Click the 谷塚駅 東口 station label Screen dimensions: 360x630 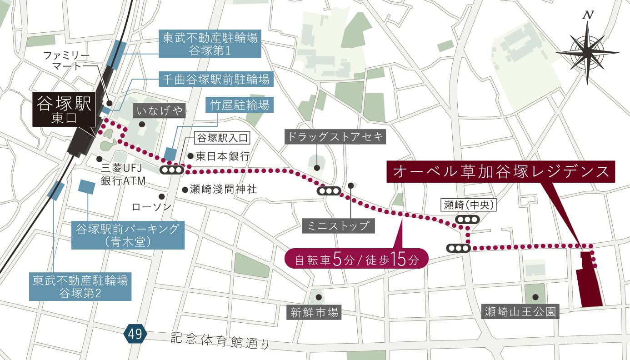click(x=65, y=110)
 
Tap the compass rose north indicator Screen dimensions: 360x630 click(x=587, y=52)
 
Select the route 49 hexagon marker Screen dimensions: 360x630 click(x=135, y=335)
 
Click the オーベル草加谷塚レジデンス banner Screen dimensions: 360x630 click(x=500, y=171)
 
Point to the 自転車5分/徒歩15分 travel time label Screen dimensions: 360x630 click(x=356, y=260)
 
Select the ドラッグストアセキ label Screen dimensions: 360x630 click(x=336, y=136)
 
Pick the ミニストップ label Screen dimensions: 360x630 click(x=339, y=226)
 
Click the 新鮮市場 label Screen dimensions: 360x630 click(x=315, y=312)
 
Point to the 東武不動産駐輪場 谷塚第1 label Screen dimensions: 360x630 click(x=210, y=44)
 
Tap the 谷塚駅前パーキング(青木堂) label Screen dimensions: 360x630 click(x=128, y=235)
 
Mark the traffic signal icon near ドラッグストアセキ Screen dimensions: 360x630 click(x=329, y=191)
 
